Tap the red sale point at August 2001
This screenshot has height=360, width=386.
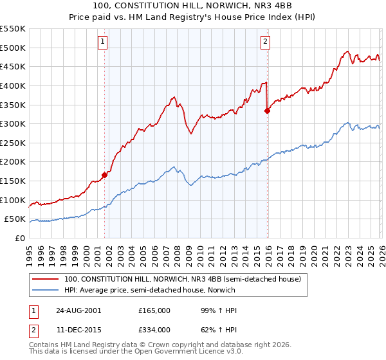104,175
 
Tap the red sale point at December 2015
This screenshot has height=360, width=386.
267,111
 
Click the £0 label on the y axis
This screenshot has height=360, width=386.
21,238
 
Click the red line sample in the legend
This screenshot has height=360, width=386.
46,280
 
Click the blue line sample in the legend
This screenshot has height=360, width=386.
46,291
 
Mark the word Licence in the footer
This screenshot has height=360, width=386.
156,353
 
